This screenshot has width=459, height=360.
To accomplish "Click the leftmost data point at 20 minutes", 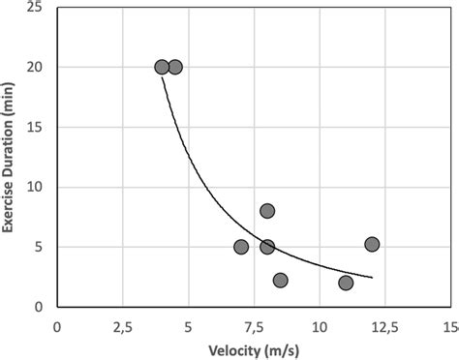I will point(162,67).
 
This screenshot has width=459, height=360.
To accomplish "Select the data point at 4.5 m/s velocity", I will point(175,67).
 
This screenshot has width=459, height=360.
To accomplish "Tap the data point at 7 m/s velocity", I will point(241,247).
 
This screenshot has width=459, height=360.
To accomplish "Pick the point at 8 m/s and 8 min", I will point(267,211).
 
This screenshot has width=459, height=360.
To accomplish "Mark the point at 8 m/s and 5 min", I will point(267,247).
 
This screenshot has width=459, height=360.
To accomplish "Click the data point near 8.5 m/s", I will point(281,281).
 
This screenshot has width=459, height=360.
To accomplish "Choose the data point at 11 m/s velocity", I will point(346,283).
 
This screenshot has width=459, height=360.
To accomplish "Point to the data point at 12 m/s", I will point(372,244).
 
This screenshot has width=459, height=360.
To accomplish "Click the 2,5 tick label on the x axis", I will point(123,327).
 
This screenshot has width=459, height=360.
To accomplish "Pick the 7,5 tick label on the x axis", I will point(254,327).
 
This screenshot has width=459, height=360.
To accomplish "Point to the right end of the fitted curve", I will point(372,278).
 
